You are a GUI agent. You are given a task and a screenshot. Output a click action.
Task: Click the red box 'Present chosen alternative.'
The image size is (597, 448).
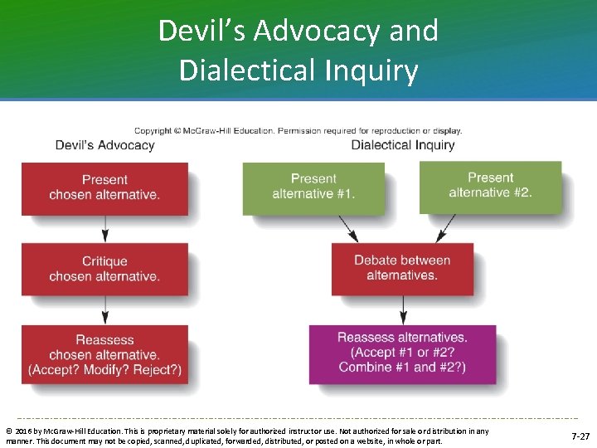pyautogui.click(x=104, y=187)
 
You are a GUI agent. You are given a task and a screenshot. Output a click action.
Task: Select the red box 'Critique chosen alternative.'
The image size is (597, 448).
pyautogui.click(x=104, y=269)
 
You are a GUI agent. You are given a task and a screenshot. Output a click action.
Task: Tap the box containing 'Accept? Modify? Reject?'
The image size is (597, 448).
pyautogui.click(x=104, y=355)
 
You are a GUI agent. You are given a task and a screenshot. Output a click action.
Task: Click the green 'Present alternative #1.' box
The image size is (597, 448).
pyautogui.click(x=313, y=187)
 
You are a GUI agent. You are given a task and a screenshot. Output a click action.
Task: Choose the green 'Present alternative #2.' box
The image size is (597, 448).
pyautogui.click(x=490, y=185)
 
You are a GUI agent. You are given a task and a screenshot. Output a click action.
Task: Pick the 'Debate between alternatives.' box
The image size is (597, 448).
pyautogui.click(x=402, y=268)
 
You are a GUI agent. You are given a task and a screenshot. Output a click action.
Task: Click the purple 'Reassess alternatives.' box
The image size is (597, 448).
pyautogui.click(x=402, y=353)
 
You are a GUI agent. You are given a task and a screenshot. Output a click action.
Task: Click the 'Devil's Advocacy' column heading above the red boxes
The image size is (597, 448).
pyautogui.click(x=104, y=145)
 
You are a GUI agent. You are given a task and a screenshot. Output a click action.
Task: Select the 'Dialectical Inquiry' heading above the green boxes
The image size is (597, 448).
pyautogui.click(x=403, y=145)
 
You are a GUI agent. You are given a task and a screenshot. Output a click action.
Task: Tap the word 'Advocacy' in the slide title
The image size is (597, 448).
pyautogui.click(x=317, y=32)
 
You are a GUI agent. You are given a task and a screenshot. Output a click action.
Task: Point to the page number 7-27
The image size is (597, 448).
pyautogui.click(x=580, y=436)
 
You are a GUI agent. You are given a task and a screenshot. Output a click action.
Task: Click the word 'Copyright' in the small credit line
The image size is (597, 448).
pyautogui.click(x=153, y=131)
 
